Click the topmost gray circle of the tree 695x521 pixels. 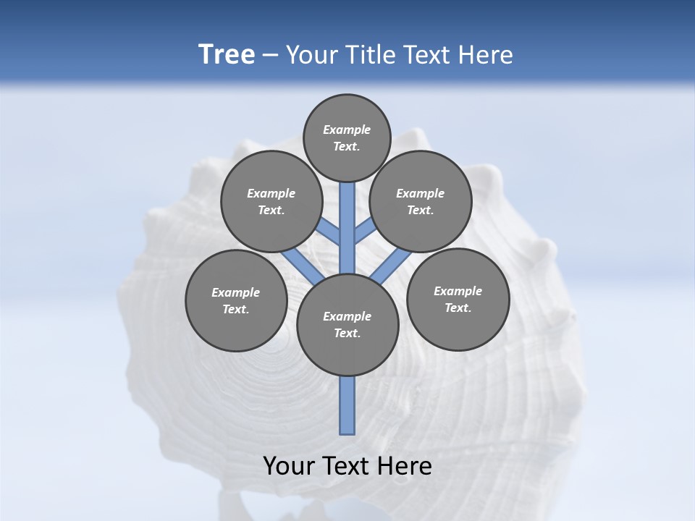[347, 137]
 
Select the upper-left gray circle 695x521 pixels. [271, 201]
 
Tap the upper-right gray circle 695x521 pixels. [421, 201]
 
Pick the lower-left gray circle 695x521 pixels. [236, 300]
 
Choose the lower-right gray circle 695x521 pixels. [458, 299]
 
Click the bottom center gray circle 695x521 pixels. [347, 325]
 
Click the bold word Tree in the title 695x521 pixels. [227, 54]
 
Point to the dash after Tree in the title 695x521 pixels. [270, 55]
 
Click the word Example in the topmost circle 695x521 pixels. [347, 130]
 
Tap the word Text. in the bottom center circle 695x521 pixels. [347, 333]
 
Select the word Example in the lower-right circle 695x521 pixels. [458, 291]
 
